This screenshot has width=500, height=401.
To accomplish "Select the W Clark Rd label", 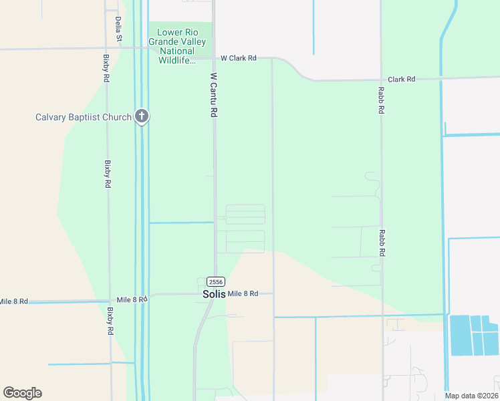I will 239,58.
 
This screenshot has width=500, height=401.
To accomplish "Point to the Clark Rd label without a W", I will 402,79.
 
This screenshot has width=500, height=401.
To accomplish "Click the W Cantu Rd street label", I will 214,96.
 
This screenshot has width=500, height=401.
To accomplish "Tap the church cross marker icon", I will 141,116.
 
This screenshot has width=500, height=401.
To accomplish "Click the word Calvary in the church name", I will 53,118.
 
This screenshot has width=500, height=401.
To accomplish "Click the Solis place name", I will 215,293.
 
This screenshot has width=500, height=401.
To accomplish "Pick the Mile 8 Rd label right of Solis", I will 243,293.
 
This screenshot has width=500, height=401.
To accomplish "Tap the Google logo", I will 22,392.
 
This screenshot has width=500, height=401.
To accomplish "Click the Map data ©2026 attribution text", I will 471,396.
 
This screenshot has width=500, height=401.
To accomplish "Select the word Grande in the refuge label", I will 164,42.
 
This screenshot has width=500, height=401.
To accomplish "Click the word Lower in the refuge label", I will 170,33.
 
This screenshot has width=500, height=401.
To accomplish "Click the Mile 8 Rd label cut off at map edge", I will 13,301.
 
